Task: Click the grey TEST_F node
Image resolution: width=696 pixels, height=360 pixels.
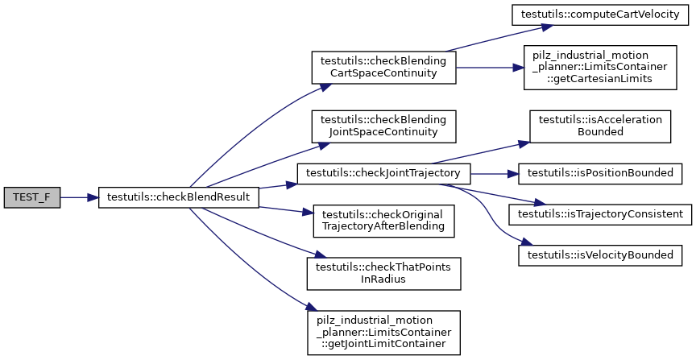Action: (31, 197)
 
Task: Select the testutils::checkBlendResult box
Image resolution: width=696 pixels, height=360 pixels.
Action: (178, 197)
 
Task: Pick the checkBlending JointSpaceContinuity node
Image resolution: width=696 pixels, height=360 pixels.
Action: (383, 125)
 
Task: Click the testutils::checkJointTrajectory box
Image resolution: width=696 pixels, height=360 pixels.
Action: (383, 172)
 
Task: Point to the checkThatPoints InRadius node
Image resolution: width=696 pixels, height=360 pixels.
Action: (383, 274)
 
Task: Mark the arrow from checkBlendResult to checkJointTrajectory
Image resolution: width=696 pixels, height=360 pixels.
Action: (278, 185)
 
